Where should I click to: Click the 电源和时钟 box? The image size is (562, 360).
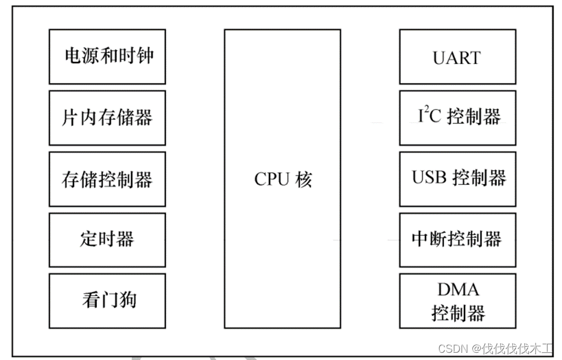point(107,57)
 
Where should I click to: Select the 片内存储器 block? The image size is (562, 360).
point(107,117)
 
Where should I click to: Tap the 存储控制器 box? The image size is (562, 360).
point(107,179)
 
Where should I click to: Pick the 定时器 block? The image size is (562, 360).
point(107,240)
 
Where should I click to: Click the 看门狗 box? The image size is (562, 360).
point(107,300)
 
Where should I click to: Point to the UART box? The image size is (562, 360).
point(457,57)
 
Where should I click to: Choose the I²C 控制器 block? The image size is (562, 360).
point(457,117)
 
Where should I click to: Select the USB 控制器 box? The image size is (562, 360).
point(457,179)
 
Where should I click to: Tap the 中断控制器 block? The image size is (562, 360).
point(457,240)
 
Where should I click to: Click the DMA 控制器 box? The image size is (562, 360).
point(457,300)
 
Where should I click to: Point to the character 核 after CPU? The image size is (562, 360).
point(304,179)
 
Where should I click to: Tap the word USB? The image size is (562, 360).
point(427,178)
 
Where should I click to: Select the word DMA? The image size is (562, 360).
point(458,290)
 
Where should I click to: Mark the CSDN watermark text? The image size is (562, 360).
point(451,349)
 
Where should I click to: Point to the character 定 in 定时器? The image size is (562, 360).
point(88,239)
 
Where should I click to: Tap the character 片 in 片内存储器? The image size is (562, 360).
point(70,117)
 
